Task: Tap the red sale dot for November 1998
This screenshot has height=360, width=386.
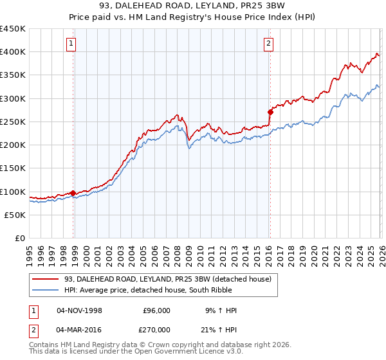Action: pos(73,193)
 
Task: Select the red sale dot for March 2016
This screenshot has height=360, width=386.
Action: pos(270,112)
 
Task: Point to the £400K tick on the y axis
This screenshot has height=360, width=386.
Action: pos(13,52)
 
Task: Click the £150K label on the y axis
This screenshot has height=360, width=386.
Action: pos(13,168)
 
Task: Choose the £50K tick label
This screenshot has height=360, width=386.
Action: pos(15,215)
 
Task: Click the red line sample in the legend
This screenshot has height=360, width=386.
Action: pos(46,279)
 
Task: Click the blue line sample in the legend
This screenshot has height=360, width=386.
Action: pos(46,290)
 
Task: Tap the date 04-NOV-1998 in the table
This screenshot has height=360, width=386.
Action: pos(79,310)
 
